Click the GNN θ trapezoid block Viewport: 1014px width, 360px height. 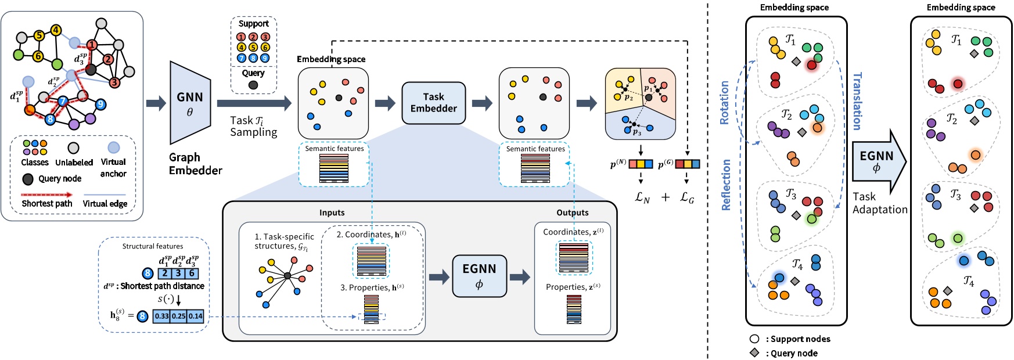tap(190, 103)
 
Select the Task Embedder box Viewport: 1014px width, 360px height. tap(433, 103)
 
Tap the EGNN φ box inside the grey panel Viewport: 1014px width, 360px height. tap(479, 276)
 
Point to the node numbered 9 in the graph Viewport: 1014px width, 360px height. tap(100, 104)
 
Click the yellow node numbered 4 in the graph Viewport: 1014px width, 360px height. tap(56, 30)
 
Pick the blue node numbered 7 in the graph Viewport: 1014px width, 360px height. tap(63, 102)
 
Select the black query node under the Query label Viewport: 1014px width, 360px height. tap(253, 85)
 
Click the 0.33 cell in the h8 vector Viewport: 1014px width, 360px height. tap(161, 316)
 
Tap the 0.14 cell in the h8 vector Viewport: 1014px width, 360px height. tap(196, 316)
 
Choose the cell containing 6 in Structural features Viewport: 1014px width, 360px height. tap(192, 273)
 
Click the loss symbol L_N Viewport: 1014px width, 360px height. tap(642, 197)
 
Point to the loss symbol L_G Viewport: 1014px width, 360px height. tap(687, 197)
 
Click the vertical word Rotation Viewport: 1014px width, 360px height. tap(725, 103)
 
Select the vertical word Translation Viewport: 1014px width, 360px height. tap(857, 101)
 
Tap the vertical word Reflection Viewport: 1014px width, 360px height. tap(726, 185)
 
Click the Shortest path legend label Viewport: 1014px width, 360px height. tap(47, 204)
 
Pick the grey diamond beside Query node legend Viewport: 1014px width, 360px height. tap(754, 353)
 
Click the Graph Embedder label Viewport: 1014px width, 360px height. tap(195, 164)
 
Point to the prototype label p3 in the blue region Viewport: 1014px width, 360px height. tap(637, 132)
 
